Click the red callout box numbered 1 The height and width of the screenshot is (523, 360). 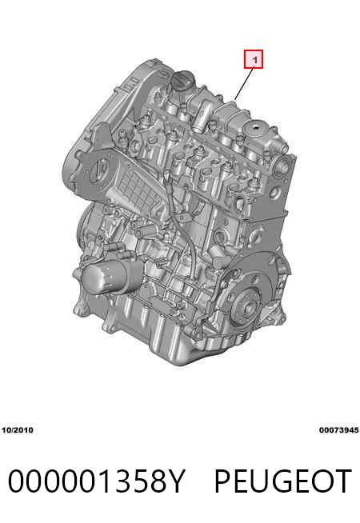(254, 59)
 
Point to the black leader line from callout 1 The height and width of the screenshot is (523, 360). (244, 83)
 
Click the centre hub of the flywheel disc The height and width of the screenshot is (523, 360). (249, 309)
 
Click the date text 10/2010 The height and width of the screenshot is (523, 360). (18, 430)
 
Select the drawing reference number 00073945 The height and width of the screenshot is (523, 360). (339, 430)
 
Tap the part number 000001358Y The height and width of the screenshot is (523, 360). (96, 481)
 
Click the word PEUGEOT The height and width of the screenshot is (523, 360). (283, 481)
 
